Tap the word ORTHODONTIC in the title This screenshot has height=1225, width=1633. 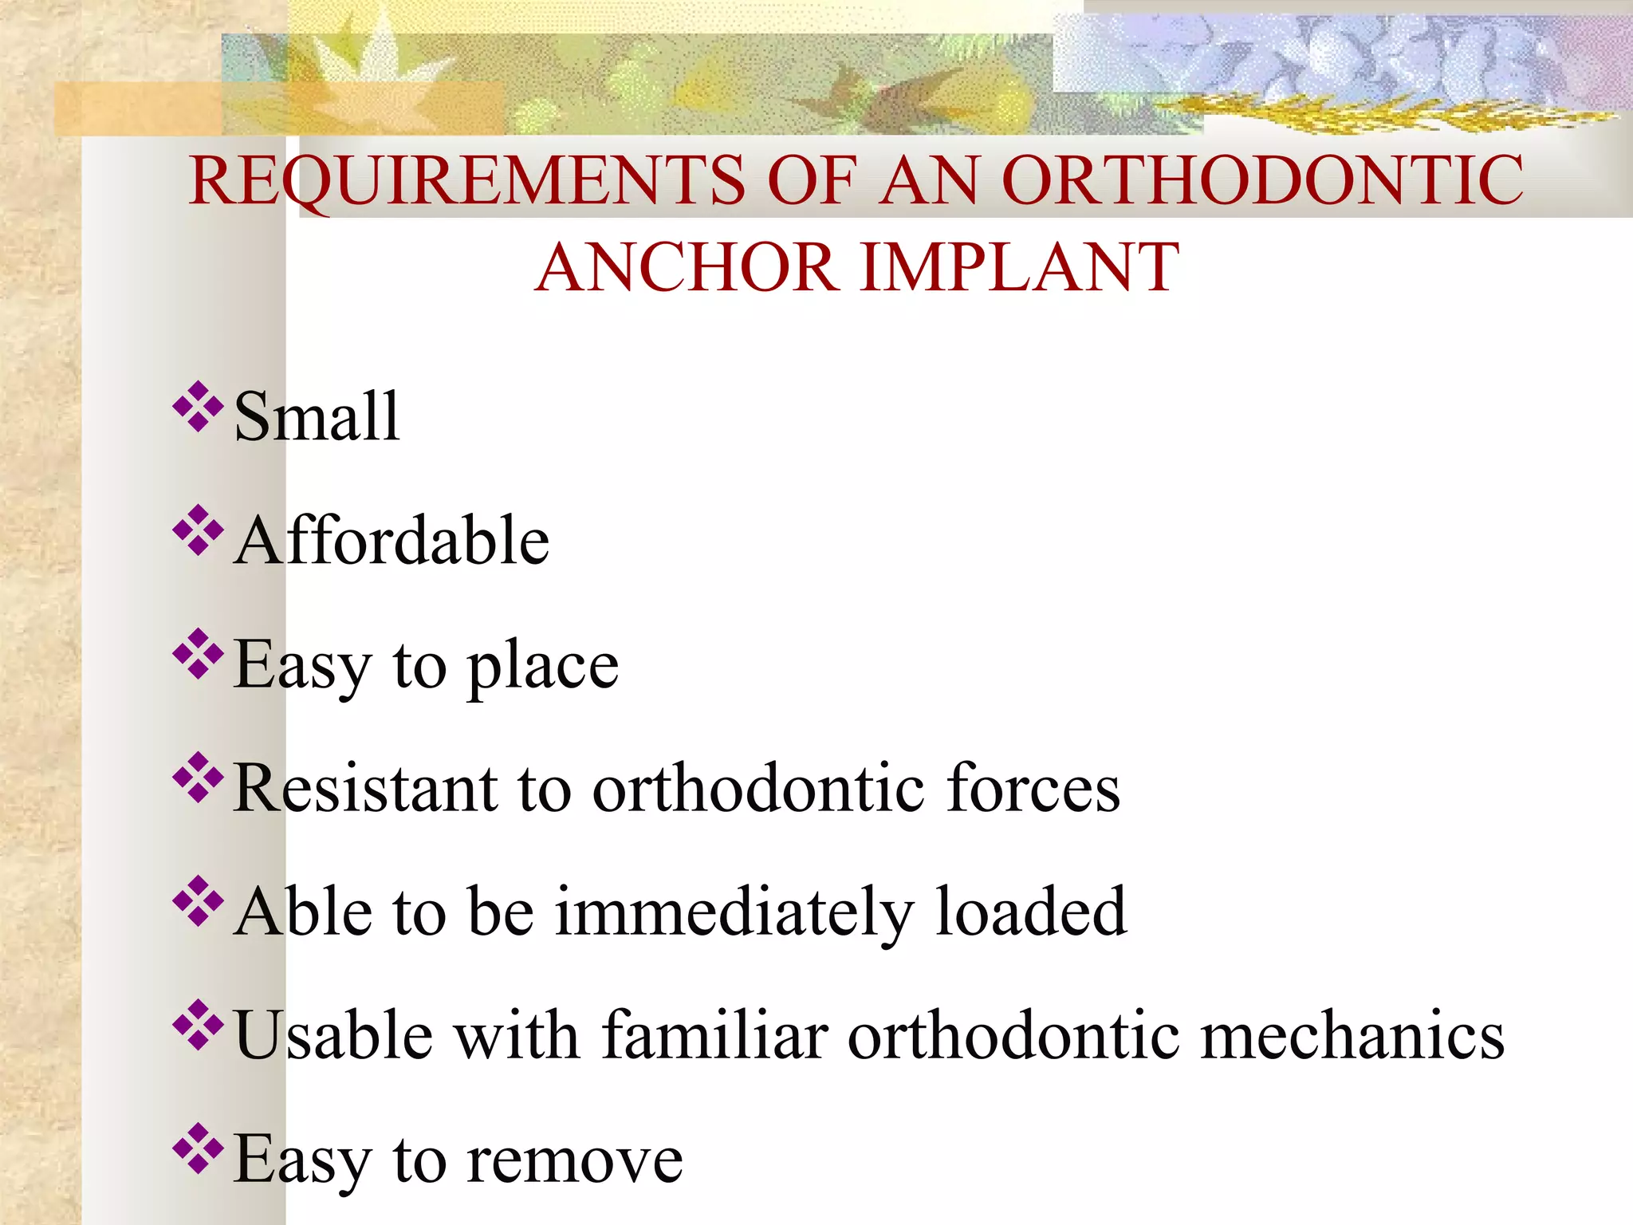(x=1262, y=180)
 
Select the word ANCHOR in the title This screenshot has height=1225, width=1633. (x=687, y=267)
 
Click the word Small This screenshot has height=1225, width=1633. (x=317, y=416)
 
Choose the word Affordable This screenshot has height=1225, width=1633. (x=392, y=541)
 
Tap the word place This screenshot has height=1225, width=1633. (x=542, y=666)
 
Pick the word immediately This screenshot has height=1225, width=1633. (x=734, y=912)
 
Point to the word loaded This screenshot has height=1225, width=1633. (x=1030, y=912)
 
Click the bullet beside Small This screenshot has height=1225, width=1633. (x=197, y=408)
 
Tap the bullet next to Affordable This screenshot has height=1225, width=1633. (x=197, y=531)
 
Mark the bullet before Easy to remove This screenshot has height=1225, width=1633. (x=197, y=1149)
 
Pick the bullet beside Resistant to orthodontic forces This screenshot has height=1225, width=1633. (x=197, y=778)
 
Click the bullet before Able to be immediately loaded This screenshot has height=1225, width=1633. (x=197, y=902)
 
